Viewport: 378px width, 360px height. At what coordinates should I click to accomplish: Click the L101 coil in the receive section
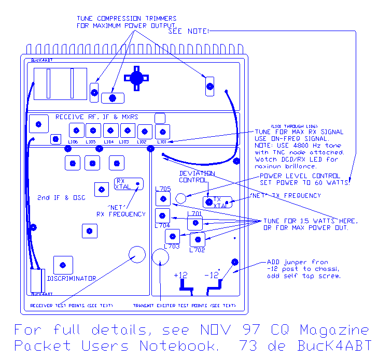(162, 131)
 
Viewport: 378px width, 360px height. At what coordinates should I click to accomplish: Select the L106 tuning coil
(76, 130)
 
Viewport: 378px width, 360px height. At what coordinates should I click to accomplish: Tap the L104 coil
(110, 131)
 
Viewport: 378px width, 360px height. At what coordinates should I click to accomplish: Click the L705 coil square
(163, 198)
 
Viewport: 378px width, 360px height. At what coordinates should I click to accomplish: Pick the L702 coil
(198, 240)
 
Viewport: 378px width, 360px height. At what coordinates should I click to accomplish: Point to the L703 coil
(172, 236)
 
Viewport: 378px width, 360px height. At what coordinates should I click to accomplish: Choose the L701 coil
(194, 223)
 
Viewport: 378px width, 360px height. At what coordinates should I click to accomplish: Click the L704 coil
(163, 215)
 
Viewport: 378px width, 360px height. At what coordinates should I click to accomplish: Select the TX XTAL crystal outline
(217, 202)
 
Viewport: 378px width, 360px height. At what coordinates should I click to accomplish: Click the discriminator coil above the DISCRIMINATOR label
(63, 265)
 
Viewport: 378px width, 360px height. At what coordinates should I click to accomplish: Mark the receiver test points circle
(137, 255)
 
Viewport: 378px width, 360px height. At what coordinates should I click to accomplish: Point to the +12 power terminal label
(181, 275)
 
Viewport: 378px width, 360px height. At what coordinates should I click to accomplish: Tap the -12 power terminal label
(212, 275)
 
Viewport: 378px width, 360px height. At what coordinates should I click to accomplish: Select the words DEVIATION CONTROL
(197, 177)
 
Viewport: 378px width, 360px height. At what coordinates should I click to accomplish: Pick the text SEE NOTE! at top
(189, 32)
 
